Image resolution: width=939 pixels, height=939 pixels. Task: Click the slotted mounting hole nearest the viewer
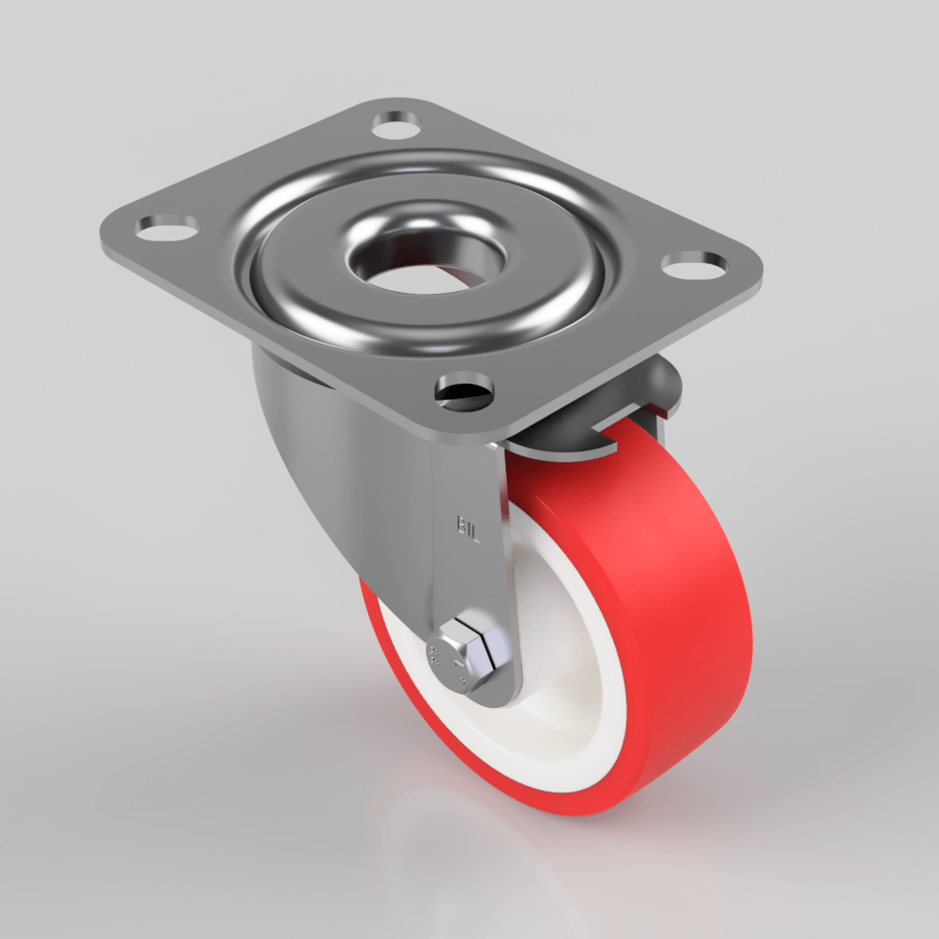point(466,387)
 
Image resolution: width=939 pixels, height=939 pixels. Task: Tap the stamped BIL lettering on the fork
point(469,528)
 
